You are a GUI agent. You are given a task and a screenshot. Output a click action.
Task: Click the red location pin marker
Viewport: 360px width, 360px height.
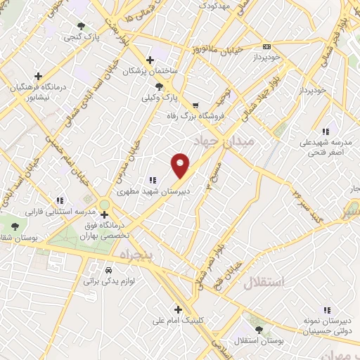coord(181,165)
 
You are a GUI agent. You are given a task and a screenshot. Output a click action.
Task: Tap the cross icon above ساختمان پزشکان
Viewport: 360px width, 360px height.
coord(149,60)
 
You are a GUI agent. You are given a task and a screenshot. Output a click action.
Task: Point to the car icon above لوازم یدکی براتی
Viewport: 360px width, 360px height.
coord(108,270)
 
